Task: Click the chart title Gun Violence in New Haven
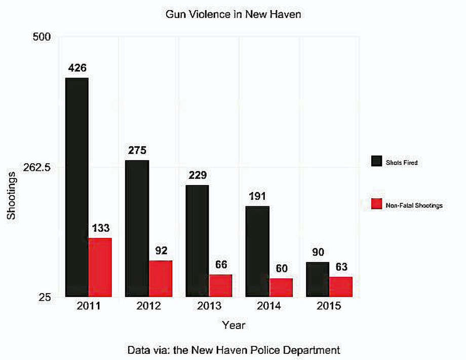[x=233, y=14]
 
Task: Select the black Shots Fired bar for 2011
[x=77, y=188]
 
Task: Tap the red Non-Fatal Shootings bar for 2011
[x=100, y=268]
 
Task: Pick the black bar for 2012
[x=137, y=229]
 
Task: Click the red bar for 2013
[x=220, y=285]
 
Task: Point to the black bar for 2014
[x=257, y=251]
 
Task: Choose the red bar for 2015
[x=341, y=287]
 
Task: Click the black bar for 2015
[x=318, y=280]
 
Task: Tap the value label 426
[x=77, y=68]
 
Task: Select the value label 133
[x=101, y=228]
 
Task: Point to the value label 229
[x=198, y=175]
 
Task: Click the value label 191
[x=257, y=196]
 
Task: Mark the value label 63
[x=341, y=267]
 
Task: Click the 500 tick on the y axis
[x=42, y=37]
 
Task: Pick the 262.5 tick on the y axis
[x=37, y=167]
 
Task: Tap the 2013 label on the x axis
[x=209, y=306]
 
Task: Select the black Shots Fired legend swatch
[x=376, y=161]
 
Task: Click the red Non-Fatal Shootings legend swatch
[x=376, y=204]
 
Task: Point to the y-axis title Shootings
[x=11, y=196]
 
